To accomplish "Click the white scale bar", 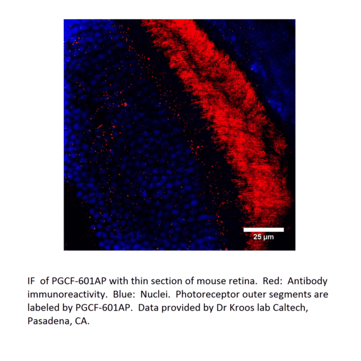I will point(263,230).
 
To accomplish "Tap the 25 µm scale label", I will point(263,237).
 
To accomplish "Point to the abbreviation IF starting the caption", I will point(31,281).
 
